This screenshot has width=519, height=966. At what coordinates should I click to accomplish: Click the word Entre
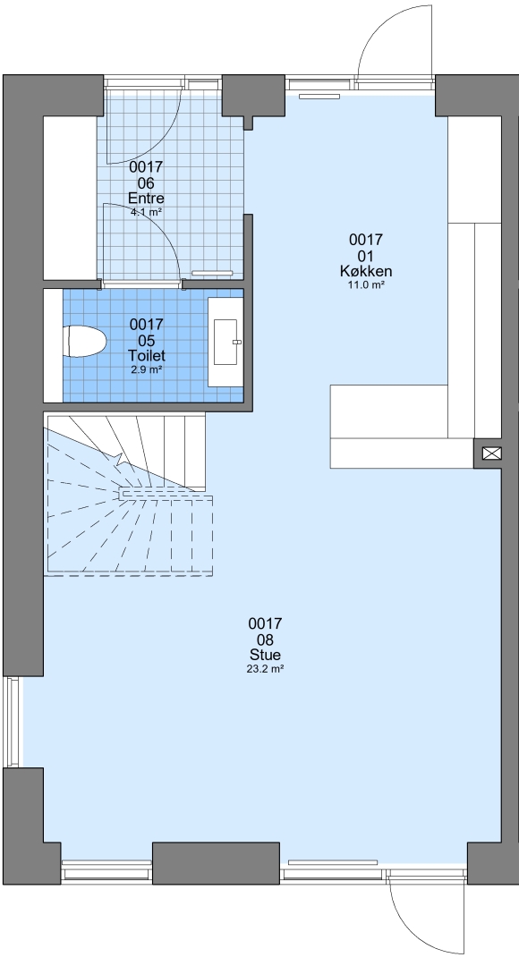[146, 199]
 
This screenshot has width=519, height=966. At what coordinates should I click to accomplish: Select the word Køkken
[366, 271]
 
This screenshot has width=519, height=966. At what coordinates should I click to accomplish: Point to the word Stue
[266, 655]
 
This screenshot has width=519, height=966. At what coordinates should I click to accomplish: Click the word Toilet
[147, 355]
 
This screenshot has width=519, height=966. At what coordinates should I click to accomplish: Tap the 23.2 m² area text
[265, 668]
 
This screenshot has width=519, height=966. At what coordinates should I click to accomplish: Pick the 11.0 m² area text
[366, 284]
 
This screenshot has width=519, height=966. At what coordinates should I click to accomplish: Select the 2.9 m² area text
[146, 369]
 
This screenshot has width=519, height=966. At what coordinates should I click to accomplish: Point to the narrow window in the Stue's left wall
[13, 722]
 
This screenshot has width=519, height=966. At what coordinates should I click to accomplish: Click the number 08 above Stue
[266, 640]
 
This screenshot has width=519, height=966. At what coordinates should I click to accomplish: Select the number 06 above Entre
[146, 183]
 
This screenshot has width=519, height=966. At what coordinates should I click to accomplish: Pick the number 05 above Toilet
[147, 340]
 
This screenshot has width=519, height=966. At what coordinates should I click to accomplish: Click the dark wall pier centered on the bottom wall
[216, 863]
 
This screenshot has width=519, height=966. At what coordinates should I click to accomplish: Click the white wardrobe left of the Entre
[70, 197]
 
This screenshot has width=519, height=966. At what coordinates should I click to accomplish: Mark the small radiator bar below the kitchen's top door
[320, 96]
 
